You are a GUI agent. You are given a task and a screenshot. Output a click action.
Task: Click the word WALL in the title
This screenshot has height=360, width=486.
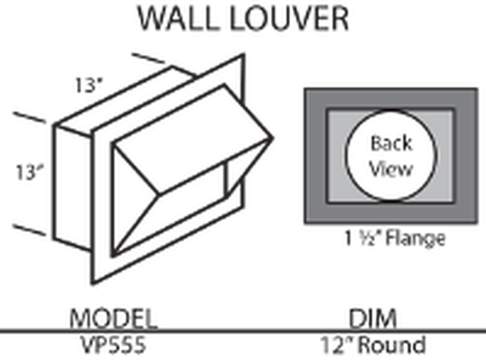[177, 19]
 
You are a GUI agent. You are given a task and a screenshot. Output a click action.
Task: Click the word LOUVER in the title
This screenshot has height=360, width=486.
[290, 19]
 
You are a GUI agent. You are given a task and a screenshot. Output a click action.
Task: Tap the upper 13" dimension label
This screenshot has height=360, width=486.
[89, 85]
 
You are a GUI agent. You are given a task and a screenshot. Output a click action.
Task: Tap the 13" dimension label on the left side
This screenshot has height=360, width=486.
[29, 172]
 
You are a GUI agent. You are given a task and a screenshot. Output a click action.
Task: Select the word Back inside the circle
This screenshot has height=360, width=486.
[392, 143]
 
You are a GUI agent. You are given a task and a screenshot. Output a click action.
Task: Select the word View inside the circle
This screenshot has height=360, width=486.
[392, 169]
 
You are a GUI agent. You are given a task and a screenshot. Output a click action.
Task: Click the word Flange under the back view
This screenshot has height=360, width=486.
[415, 238]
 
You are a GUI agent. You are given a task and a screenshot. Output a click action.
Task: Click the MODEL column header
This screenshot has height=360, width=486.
[113, 318]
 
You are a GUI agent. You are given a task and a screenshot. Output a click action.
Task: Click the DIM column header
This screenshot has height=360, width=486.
[373, 318]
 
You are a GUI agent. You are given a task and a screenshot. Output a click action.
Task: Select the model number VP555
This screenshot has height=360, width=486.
[113, 345]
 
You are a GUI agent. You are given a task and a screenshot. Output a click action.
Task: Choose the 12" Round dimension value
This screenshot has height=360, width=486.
[373, 345]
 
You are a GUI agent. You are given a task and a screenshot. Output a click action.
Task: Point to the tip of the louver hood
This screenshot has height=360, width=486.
[272, 138]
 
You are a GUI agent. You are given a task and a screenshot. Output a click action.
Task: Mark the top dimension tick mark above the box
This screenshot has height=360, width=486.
[148, 58]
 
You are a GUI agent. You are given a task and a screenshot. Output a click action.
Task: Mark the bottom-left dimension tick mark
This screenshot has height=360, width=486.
[29, 229]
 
